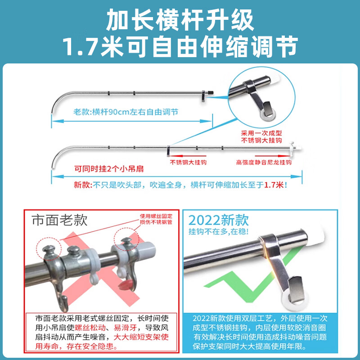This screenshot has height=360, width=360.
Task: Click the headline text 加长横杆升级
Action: point(180,20)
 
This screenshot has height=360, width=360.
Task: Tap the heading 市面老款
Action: point(59,220)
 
